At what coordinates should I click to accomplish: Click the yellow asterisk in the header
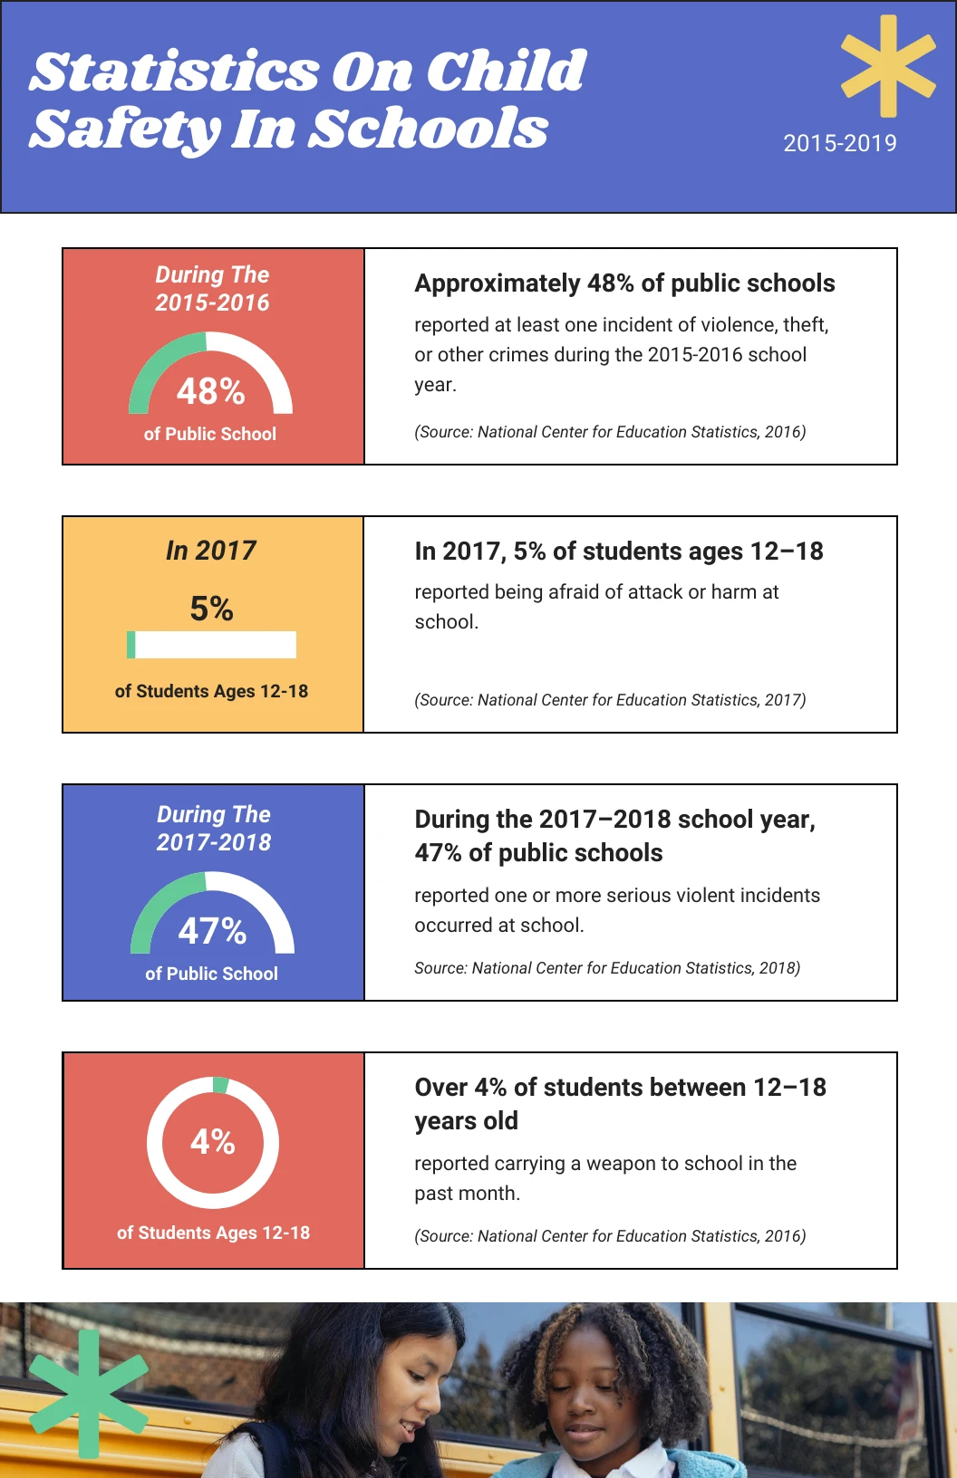888,66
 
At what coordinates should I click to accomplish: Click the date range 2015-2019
839,143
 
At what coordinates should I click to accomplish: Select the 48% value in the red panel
210,391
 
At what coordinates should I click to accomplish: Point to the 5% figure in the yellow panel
211,609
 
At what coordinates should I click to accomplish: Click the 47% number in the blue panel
212,931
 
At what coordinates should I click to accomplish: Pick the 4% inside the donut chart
213,1141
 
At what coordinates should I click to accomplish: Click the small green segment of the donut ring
220,1085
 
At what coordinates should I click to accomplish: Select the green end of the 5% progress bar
131,645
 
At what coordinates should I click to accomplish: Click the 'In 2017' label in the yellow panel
211,551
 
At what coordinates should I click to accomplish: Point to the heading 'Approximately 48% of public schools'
624,283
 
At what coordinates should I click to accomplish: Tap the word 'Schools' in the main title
429,130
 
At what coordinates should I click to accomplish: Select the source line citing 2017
610,700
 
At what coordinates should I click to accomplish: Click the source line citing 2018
607,968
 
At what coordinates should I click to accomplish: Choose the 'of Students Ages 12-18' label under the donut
213,1233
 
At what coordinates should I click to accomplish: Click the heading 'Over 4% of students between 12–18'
620,1088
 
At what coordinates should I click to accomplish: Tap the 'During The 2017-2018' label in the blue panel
214,828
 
